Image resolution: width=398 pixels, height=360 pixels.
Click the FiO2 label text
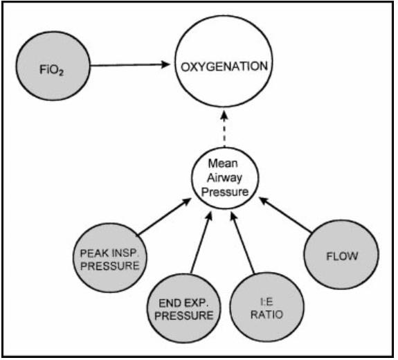(51, 69)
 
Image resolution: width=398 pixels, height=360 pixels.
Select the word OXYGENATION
(224, 66)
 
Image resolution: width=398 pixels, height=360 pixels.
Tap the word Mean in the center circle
(223, 163)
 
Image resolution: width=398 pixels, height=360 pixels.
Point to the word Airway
(224, 177)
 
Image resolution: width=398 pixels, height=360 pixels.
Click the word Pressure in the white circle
(225, 192)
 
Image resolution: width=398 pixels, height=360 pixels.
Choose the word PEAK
(92, 253)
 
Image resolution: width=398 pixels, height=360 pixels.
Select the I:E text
(266, 302)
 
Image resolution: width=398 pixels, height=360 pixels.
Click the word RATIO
(266, 315)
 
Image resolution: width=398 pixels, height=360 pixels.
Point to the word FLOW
(342, 256)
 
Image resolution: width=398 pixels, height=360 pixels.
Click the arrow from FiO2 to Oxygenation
(129, 65)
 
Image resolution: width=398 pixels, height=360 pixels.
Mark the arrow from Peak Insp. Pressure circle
(165, 217)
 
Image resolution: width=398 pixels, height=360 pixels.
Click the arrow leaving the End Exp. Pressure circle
(201, 243)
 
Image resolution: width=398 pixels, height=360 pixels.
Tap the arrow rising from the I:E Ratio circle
(242, 243)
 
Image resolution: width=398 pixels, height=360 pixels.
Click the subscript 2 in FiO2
(61, 73)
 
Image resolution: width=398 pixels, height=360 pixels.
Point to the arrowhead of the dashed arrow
(224, 114)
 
